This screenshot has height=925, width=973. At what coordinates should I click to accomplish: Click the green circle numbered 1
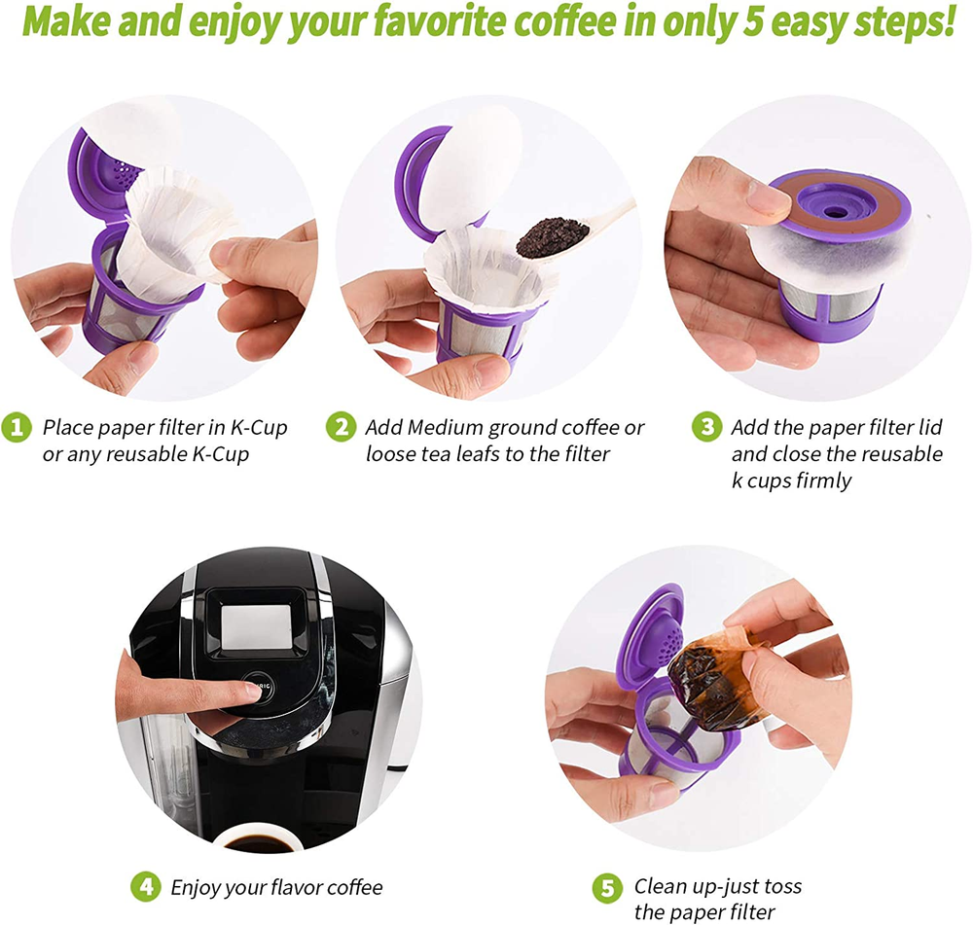coord(17,427)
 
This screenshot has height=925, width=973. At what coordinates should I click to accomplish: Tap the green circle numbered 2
coord(342,427)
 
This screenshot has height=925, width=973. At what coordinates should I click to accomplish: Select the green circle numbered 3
coord(706,427)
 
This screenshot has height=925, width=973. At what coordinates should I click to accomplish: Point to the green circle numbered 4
coord(146,887)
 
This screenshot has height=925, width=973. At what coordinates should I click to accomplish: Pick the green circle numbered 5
coord(607,888)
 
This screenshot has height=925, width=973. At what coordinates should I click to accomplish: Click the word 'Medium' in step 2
coord(446,427)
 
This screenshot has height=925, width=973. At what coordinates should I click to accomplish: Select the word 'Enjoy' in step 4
coord(196,888)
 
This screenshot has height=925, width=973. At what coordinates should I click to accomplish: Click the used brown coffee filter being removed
coord(713,679)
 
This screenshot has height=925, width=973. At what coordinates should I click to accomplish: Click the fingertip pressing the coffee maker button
coord(251,693)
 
